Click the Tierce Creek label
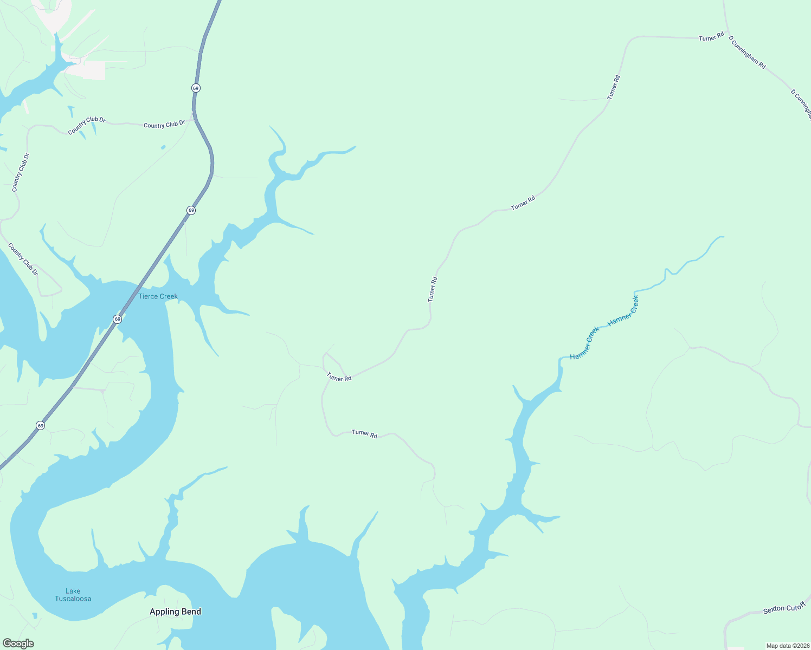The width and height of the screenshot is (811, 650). (158, 296)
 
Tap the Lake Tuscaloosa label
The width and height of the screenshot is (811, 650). (73, 595)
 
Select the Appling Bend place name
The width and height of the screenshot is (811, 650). (175, 612)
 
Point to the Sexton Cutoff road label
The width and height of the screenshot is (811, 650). (784, 608)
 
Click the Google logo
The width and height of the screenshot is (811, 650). (18, 643)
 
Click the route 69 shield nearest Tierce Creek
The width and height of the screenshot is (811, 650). (118, 319)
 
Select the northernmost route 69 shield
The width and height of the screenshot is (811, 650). (196, 88)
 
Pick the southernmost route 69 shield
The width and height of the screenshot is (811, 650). (41, 426)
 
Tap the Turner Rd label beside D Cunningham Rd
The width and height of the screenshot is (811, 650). (711, 37)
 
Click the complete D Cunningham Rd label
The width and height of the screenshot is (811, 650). (747, 53)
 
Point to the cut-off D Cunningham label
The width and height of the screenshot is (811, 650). (801, 103)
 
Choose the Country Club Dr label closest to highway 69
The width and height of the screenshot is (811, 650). (164, 125)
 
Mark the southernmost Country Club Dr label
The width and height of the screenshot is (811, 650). (23, 259)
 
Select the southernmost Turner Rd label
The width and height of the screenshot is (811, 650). (364, 433)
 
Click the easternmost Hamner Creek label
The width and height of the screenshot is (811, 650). (623, 311)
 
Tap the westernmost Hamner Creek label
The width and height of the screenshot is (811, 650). (585, 343)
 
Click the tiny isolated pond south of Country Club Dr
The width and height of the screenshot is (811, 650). (163, 147)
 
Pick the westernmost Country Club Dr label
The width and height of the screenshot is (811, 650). (21, 172)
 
